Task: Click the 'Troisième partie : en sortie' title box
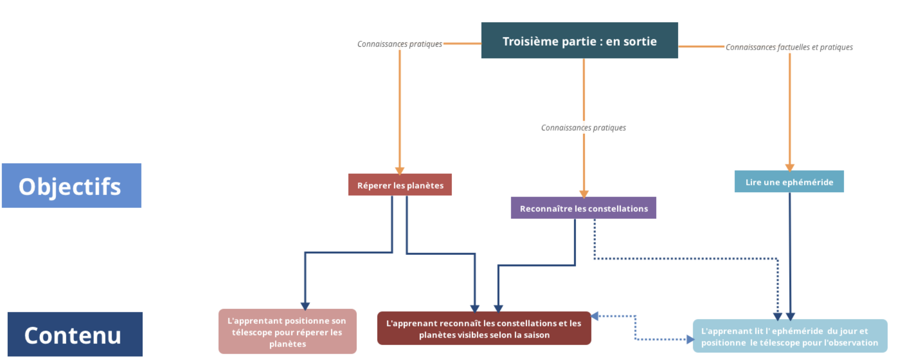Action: pos(579,40)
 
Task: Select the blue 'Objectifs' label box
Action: pos(72,185)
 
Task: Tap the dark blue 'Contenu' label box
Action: pos(75,334)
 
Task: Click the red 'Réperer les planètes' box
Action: pos(400,184)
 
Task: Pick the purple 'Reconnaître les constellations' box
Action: pos(583,208)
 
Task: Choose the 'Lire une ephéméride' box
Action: pos(789,181)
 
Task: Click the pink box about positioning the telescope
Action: pos(287,331)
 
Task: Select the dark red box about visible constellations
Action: pos(484,328)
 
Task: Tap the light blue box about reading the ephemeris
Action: pos(790,336)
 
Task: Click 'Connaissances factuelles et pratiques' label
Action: pos(789,47)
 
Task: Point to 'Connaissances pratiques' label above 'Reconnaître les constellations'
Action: pos(583,127)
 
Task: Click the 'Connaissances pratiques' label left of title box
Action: pos(399,44)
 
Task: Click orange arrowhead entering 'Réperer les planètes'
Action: pos(400,171)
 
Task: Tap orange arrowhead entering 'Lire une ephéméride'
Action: pos(789,167)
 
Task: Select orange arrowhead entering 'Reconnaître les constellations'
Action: pos(584,194)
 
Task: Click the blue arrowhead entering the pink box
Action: pos(305,306)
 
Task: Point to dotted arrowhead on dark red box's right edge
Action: pos(594,316)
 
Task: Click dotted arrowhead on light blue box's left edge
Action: pos(690,339)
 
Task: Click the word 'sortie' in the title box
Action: pos(641,41)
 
